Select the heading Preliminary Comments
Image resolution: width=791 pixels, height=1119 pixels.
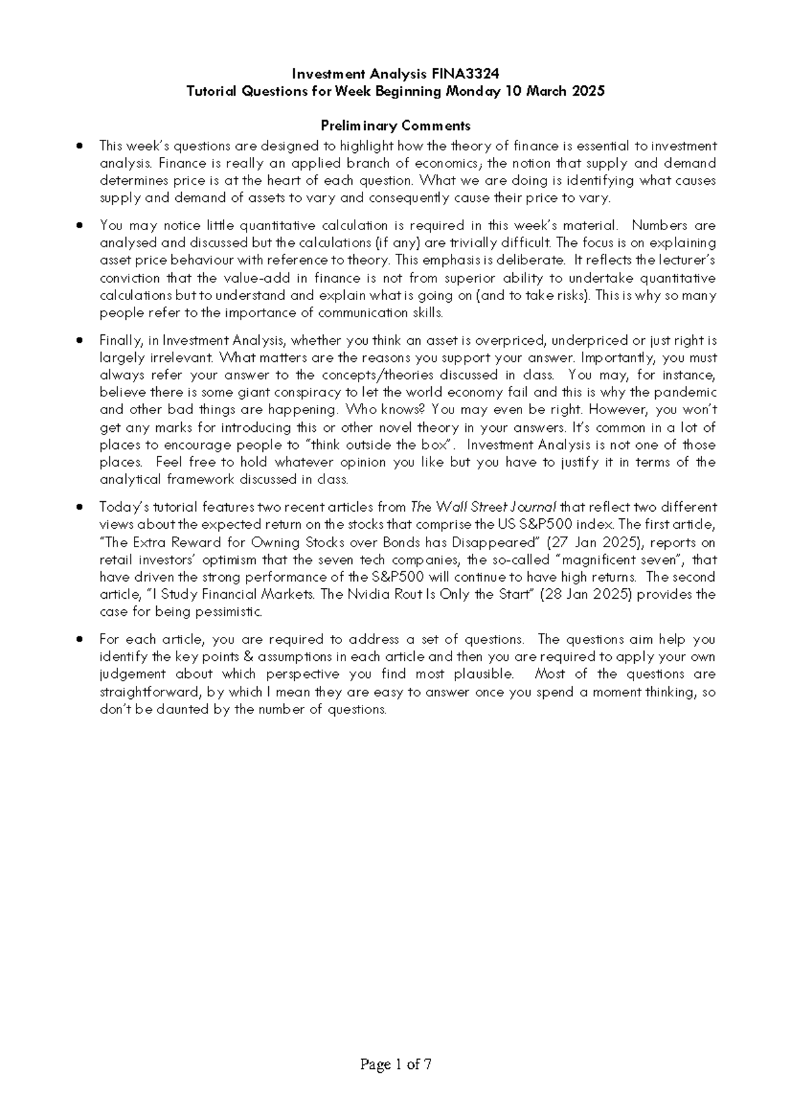395,125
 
